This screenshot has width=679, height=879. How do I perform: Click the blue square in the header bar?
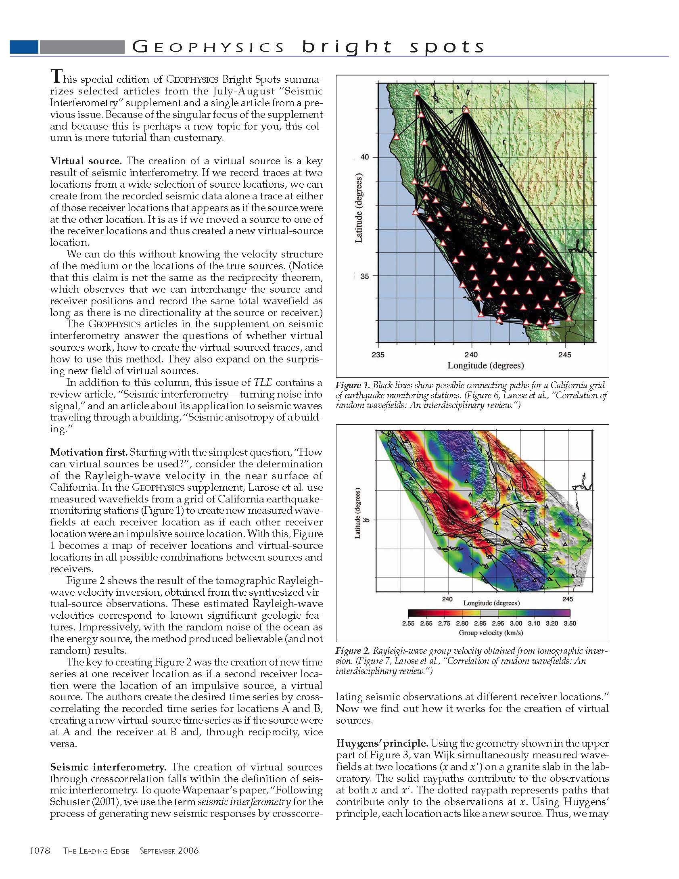click(x=24, y=47)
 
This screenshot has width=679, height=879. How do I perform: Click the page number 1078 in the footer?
click(x=40, y=851)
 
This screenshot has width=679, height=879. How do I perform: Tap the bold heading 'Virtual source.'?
click(x=86, y=161)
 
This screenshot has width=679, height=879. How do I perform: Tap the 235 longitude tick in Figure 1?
click(x=378, y=355)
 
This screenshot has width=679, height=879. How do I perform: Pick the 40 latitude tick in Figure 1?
click(x=364, y=157)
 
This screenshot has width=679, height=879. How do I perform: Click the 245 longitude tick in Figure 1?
click(x=565, y=355)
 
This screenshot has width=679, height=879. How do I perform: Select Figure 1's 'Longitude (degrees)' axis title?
click(x=485, y=366)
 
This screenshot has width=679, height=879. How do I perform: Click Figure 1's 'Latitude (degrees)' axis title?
click(x=359, y=208)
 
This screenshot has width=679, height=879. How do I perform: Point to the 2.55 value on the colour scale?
click(x=408, y=624)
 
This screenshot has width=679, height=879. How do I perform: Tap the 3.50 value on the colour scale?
click(x=570, y=624)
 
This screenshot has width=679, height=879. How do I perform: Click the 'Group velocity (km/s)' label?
click(x=491, y=633)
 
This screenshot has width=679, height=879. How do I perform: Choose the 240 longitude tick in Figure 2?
click(x=447, y=599)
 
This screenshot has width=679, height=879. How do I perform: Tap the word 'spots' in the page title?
click(x=447, y=47)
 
